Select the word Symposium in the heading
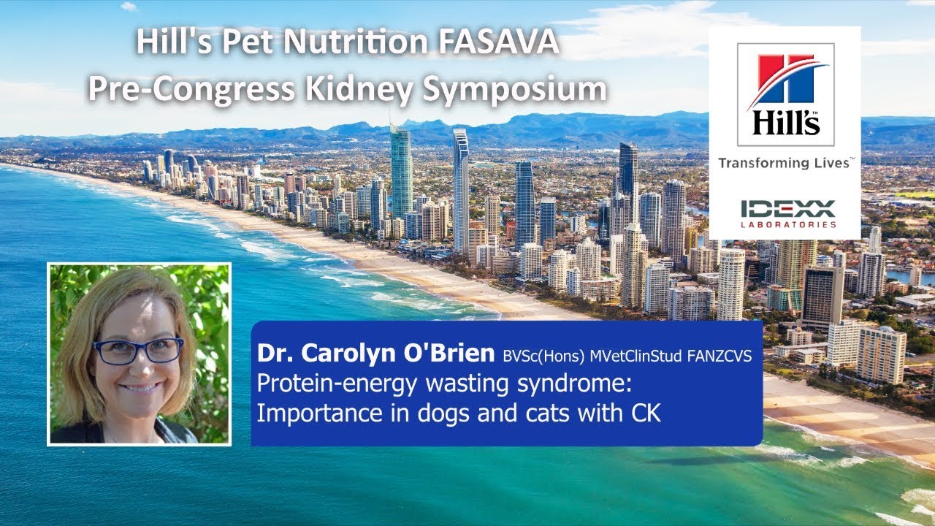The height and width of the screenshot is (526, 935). pyautogui.click(x=514, y=89)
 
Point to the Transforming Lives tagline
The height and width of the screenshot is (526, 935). pyautogui.click(x=784, y=164)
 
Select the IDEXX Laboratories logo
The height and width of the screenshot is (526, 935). pyautogui.click(x=787, y=213)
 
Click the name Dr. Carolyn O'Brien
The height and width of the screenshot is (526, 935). pyautogui.click(x=375, y=354)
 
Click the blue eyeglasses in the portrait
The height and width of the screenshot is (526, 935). pyautogui.click(x=138, y=351)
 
